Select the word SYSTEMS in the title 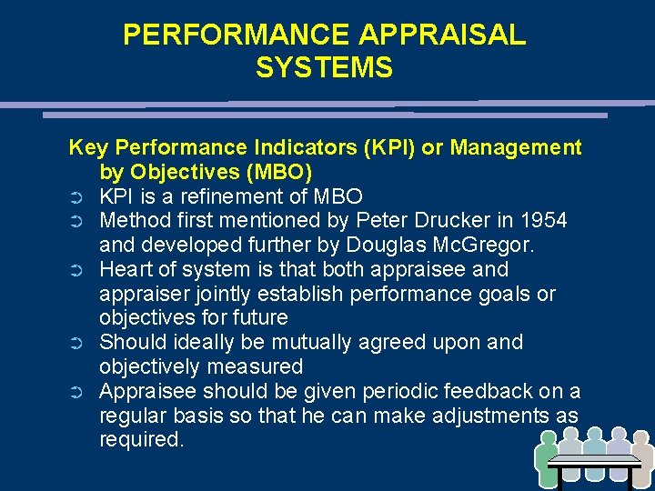click(x=324, y=68)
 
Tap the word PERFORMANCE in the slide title click(x=236, y=35)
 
